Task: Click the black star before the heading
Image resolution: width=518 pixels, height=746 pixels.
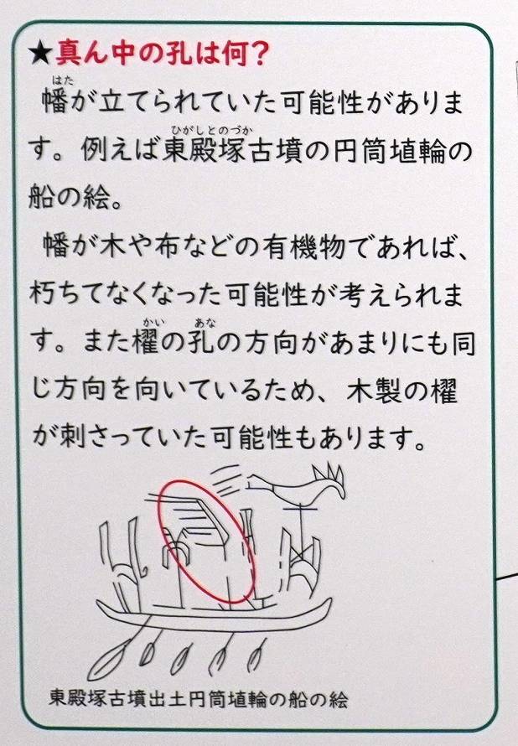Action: pos(39,54)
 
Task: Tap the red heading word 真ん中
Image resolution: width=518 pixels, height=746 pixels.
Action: pos(98,54)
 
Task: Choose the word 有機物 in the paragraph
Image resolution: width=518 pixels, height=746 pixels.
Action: pos(303,246)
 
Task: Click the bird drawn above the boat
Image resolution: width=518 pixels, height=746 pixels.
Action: pos(298,485)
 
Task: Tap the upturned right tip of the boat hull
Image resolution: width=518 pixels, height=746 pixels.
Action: pos(327,603)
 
